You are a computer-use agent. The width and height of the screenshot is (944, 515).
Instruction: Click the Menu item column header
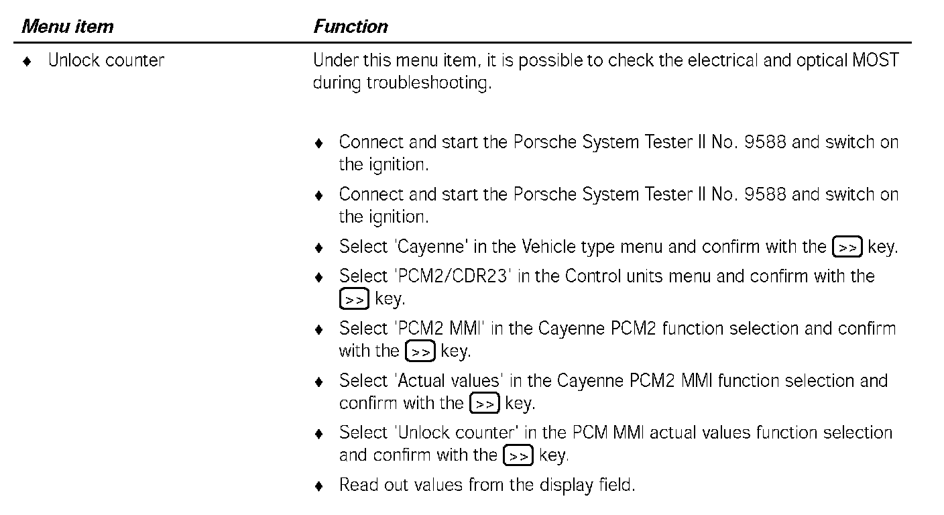point(68,27)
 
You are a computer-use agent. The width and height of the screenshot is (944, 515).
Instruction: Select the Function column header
point(351,27)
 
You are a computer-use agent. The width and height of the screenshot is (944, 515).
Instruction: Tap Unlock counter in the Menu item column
point(106,60)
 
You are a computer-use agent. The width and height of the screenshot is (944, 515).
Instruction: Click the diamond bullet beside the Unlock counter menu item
point(27,61)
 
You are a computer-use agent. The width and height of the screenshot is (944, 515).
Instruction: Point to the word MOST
point(875,60)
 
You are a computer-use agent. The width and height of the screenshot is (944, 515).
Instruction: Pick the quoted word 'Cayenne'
point(431,247)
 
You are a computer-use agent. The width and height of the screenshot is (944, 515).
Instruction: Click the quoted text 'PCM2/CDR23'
point(454,276)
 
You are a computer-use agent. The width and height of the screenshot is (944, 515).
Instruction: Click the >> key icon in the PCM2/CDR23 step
point(354,299)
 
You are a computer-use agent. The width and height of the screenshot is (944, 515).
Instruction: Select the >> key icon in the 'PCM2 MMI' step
point(420,351)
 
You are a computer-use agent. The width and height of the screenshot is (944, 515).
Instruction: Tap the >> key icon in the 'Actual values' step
point(485,404)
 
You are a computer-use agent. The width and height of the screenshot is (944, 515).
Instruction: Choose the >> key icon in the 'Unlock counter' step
point(518,456)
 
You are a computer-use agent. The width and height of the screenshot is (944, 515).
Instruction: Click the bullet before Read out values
point(320,485)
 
